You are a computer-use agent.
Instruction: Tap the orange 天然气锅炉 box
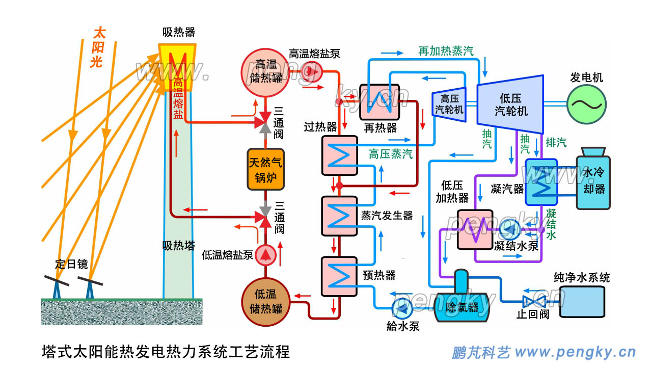pyautogui.click(x=265, y=170)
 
